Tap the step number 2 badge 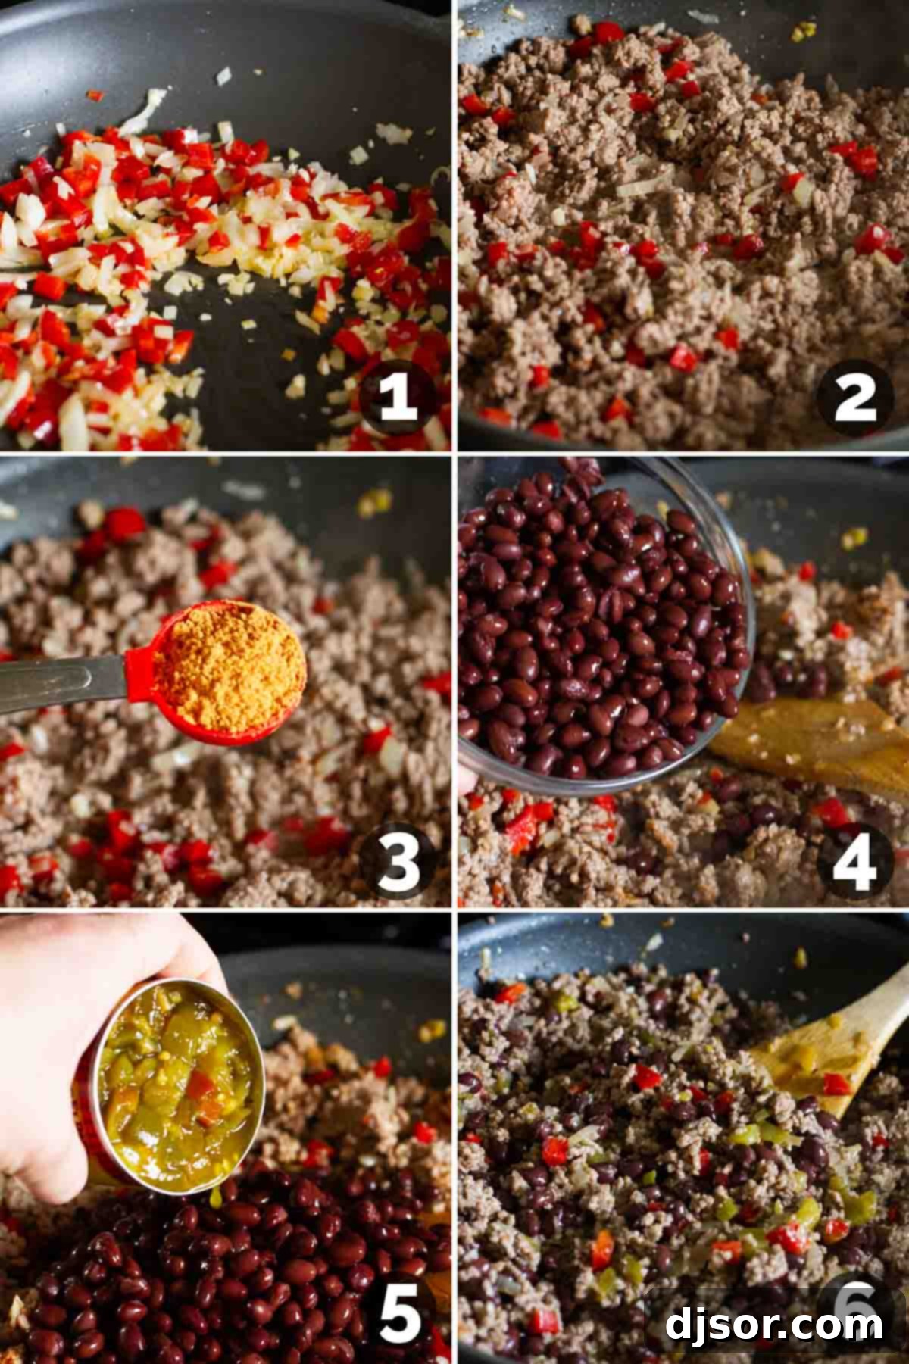[854, 397]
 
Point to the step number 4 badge [854, 863]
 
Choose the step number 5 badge [399, 1314]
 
